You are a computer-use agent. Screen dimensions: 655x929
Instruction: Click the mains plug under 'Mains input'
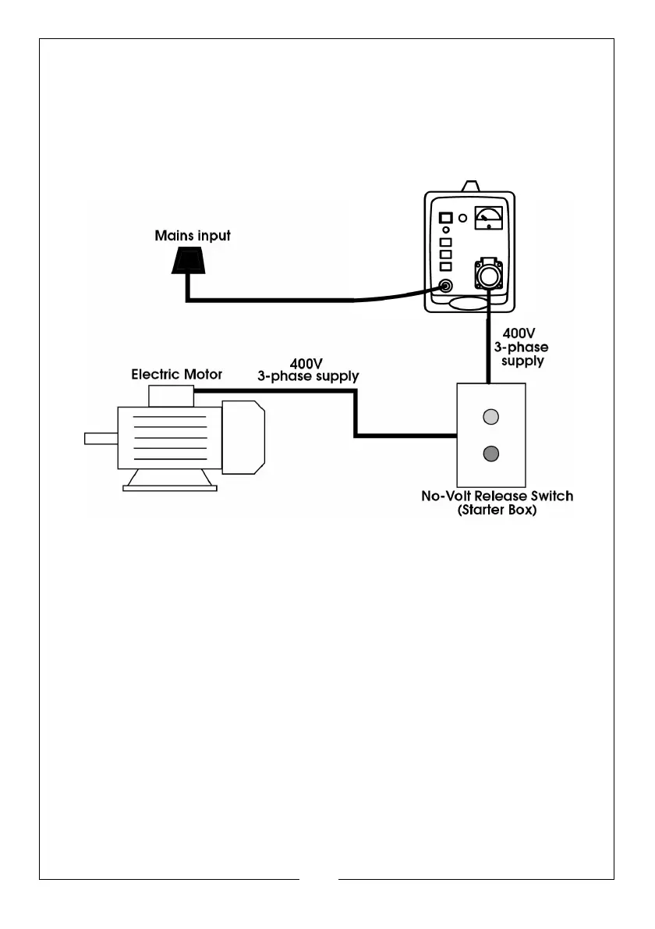click(x=189, y=262)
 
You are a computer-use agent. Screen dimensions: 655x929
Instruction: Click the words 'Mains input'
click(x=193, y=236)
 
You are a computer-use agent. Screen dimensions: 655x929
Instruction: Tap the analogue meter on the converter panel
click(x=489, y=218)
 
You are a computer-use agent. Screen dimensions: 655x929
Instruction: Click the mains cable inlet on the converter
click(x=445, y=287)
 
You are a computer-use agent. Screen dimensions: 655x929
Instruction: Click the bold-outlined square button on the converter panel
click(x=445, y=218)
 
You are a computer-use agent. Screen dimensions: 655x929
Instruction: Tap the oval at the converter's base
click(x=469, y=304)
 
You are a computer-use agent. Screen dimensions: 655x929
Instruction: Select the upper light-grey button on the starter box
click(x=491, y=417)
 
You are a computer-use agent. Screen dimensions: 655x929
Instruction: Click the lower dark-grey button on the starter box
click(x=491, y=454)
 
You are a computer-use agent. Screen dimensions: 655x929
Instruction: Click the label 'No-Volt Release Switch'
click(x=497, y=496)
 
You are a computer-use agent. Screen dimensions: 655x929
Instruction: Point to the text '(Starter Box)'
click(x=497, y=510)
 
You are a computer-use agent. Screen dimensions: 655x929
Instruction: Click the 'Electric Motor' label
click(x=176, y=375)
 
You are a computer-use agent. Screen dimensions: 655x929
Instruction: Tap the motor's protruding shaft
click(x=101, y=439)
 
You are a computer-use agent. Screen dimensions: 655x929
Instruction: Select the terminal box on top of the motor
click(x=171, y=396)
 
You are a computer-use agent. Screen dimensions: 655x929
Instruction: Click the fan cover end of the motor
click(x=243, y=437)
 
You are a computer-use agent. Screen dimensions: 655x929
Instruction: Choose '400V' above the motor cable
click(x=306, y=363)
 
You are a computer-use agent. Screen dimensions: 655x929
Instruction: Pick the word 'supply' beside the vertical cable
click(x=522, y=361)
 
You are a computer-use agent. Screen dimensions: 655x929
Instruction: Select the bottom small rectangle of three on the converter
click(x=445, y=267)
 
